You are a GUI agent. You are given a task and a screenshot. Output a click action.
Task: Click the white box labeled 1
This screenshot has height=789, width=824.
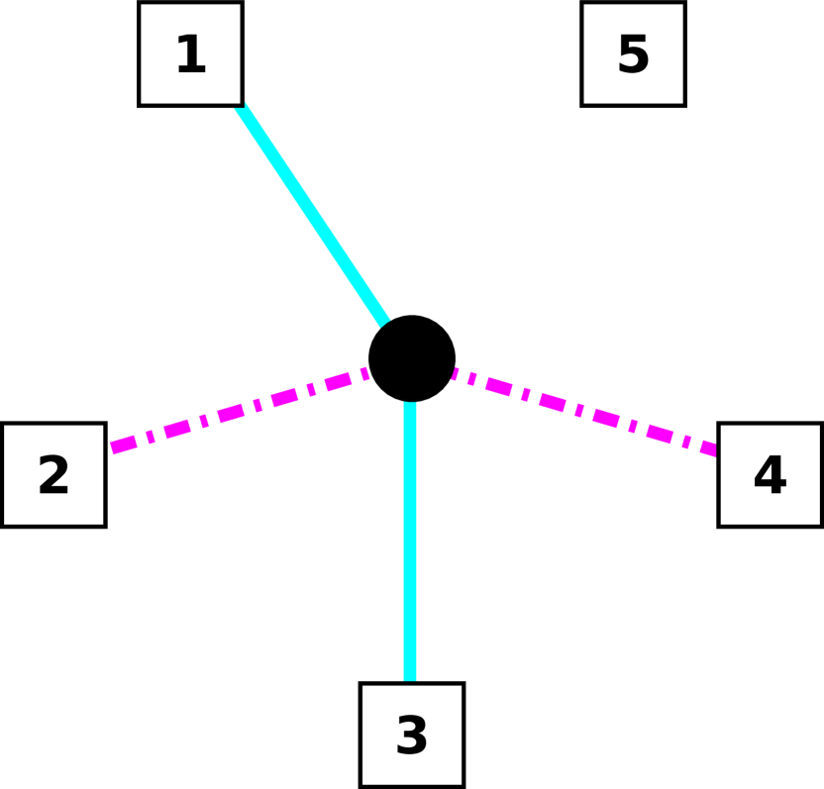tap(190, 53)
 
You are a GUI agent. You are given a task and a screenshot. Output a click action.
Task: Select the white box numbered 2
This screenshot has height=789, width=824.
tap(53, 475)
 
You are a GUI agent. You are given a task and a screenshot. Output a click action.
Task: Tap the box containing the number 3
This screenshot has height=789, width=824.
tap(412, 735)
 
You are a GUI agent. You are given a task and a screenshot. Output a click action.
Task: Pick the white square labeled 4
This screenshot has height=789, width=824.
tap(770, 475)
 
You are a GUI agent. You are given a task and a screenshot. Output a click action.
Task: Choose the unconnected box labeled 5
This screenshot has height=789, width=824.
tap(633, 53)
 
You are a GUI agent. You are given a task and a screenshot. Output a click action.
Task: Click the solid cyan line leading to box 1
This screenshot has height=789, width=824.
tap(312, 214)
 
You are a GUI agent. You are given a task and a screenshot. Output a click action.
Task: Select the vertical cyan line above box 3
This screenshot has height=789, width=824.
tap(410, 542)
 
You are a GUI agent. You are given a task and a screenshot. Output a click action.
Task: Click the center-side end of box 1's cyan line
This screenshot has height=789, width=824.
tap(385, 323)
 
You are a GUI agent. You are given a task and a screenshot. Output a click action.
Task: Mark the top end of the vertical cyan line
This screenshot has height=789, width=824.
tap(410, 403)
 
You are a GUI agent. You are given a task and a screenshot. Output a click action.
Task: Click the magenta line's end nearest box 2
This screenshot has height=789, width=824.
tap(112, 448)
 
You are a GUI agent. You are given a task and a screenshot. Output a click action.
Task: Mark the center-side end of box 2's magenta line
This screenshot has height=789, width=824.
tap(367, 373)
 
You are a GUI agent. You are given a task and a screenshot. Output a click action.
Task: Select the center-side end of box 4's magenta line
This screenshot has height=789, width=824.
tap(454, 373)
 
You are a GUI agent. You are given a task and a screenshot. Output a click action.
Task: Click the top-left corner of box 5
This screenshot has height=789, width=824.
tap(584, 5)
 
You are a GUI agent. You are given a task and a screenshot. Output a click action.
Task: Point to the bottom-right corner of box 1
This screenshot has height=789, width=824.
tap(239, 102)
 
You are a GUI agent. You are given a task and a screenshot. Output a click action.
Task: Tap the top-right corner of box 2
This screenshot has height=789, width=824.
tap(102, 427)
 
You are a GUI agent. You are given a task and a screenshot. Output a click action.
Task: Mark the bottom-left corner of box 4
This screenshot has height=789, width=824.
tap(721, 524)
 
